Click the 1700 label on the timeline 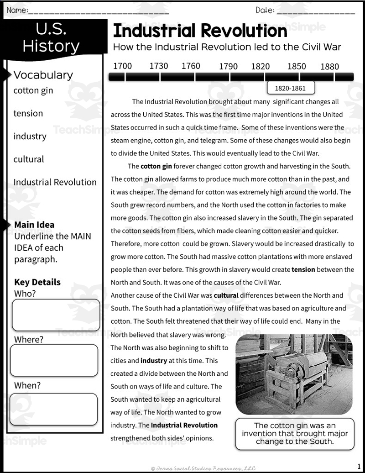[122, 66]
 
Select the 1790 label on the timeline [228, 67]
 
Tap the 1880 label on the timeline [329, 67]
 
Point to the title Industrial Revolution [200, 31]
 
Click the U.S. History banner [51, 38]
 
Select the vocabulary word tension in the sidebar [28, 113]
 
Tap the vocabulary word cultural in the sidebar [29, 159]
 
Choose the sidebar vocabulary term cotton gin [33, 90]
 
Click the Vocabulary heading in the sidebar [43, 75]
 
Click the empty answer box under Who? [56, 315]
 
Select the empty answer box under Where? [54, 360]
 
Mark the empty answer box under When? [54, 409]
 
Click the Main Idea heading [34, 225]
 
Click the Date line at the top [315, 11]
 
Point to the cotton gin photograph [294, 374]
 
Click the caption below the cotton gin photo [295, 433]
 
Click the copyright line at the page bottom [203, 468]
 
